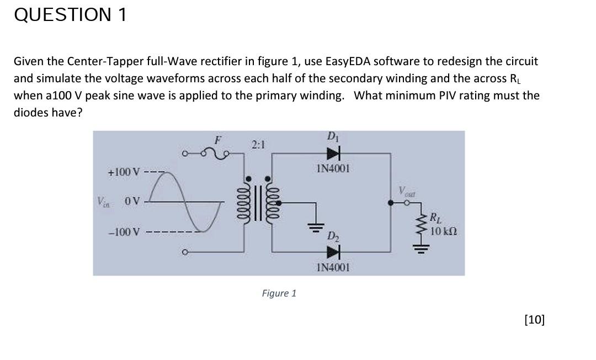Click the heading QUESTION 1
[71, 15]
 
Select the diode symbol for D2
[333, 253]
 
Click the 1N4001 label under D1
[333, 168]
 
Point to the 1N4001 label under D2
[333, 268]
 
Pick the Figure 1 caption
[279, 293]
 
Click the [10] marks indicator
[534, 319]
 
